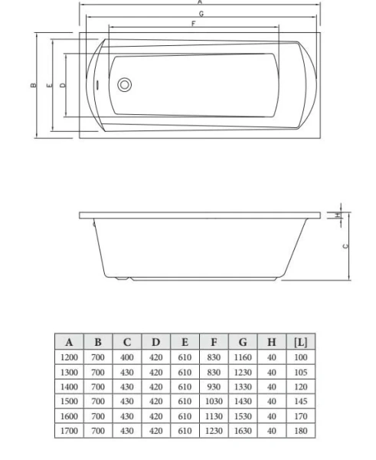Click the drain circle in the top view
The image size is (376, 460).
[x=125, y=84]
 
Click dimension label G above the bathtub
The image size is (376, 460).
[x=201, y=14]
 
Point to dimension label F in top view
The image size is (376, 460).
[x=194, y=25]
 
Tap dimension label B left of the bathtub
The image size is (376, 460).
[x=32, y=85]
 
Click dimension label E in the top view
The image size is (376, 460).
[x=49, y=85]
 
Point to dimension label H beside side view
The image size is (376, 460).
[x=337, y=215]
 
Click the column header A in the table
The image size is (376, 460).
[x=69, y=343]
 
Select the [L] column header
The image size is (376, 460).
[x=300, y=343]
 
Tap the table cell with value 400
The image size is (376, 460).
[x=127, y=357]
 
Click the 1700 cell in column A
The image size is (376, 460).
[x=69, y=431]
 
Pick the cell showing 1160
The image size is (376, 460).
[x=243, y=357]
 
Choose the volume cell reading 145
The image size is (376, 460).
[x=300, y=401]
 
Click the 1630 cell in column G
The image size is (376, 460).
[x=243, y=431]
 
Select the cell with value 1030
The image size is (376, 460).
[x=214, y=401]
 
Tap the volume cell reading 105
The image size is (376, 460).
[x=300, y=372]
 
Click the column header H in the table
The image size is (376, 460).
[x=272, y=343]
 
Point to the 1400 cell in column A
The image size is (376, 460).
[x=69, y=386]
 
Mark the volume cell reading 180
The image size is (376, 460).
[x=300, y=431]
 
